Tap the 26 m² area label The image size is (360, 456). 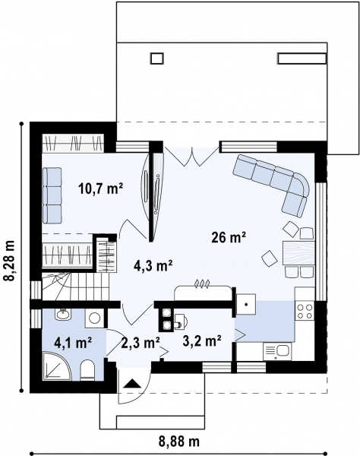pyautogui.click(x=228, y=238)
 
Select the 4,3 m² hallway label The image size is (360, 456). pyautogui.click(x=153, y=265)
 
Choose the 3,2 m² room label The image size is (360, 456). pyautogui.click(x=201, y=340)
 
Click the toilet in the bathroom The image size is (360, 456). pyautogui.click(x=88, y=369)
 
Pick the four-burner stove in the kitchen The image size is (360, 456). pyautogui.click(x=305, y=310)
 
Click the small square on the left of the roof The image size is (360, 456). pyautogui.click(x=157, y=57)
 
